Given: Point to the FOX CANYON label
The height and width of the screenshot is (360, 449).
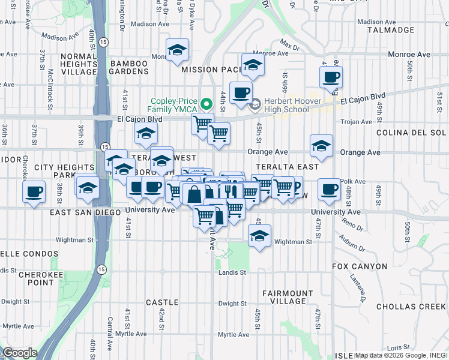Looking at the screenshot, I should (x=355, y=266).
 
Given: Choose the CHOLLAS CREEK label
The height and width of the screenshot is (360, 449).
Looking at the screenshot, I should (x=411, y=307).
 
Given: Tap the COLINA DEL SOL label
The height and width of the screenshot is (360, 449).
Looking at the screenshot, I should (x=411, y=133).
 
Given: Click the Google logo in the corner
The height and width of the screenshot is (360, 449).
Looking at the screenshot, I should (x=19, y=353).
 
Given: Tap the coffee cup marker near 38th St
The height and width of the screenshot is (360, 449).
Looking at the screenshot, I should (x=34, y=191).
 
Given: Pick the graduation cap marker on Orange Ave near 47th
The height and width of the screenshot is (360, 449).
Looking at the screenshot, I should (x=322, y=146).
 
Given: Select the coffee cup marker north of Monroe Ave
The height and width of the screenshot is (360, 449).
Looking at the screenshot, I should (x=331, y=77).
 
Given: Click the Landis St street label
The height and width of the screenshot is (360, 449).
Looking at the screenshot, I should (x=234, y=272).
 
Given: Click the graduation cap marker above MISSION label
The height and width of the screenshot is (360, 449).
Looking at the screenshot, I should (x=177, y=50).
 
